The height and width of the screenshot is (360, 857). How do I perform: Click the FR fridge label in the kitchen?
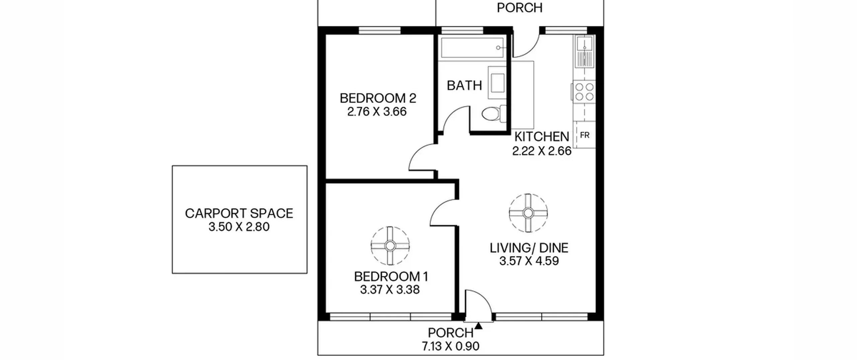point(585,135)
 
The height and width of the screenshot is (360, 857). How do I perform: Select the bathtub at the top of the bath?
point(472,48)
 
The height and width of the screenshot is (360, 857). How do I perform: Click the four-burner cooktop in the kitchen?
point(584,92)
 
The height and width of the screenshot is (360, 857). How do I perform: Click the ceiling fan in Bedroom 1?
point(390,246)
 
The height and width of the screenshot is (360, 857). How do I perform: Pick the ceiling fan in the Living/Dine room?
point(528,213)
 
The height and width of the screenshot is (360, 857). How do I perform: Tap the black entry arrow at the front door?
point(479,326)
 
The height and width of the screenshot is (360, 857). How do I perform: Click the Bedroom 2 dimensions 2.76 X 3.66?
point(377,112)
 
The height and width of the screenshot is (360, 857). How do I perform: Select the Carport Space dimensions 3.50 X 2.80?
point(239,227)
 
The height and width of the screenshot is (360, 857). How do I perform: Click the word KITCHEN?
point(542,137)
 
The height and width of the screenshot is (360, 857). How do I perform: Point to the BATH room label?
point(464,86)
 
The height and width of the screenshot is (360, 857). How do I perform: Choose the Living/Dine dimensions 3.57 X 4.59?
point(529,261)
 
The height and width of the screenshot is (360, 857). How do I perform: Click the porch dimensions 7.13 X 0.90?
point(450,346)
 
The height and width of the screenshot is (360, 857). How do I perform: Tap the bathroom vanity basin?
point(497,83)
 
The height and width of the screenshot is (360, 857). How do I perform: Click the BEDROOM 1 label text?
point(391,277)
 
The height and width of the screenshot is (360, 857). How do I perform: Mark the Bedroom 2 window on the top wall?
point(380,30)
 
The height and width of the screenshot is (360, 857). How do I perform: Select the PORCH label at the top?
point(520,8)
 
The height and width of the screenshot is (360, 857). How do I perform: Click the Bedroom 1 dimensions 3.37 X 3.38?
point(390,290)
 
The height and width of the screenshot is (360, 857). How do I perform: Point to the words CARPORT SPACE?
point(239,213)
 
